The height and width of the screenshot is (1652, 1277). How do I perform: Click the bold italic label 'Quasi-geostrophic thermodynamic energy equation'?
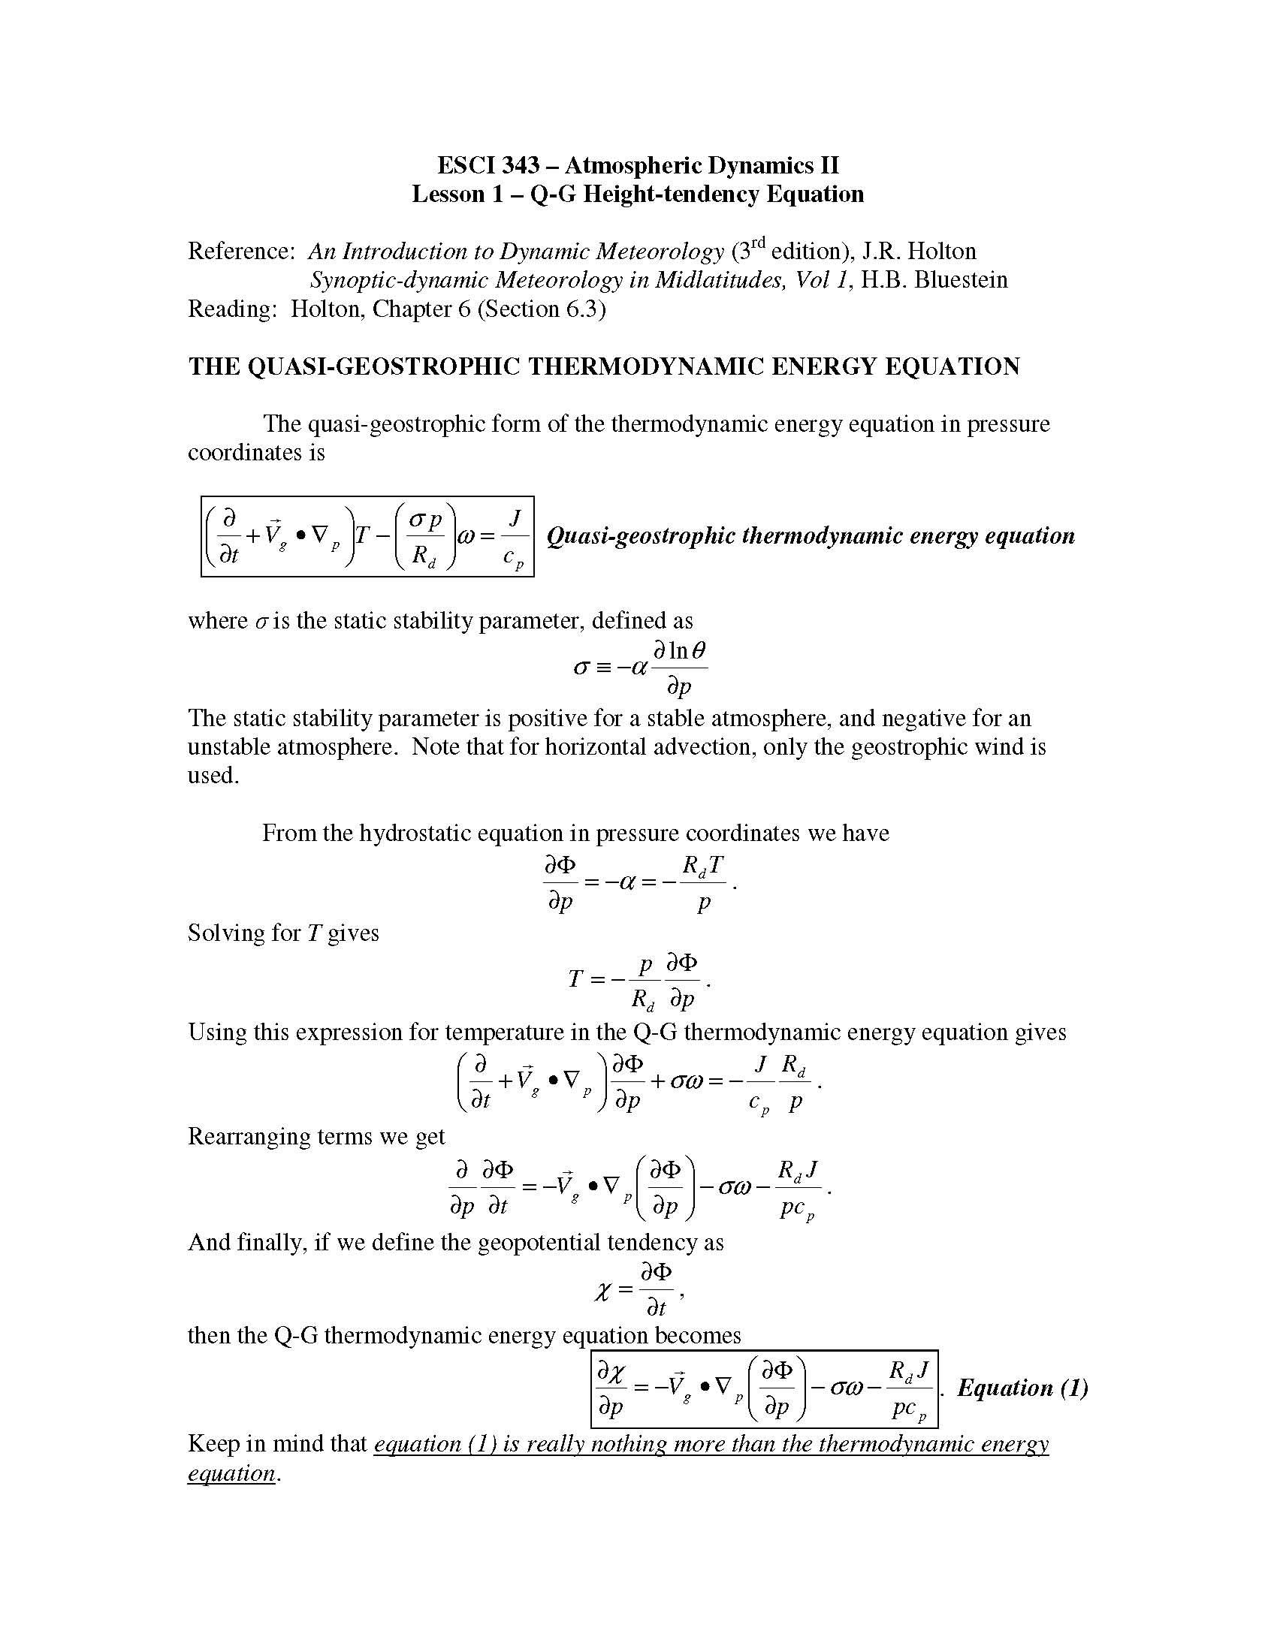pyautogui.click(x=811, y=536)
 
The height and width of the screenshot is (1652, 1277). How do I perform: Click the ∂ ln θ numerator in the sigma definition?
pyautogui.click(x=679, y=650)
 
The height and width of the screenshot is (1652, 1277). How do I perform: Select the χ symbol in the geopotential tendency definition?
pyautogui.click(x=602, y=1290)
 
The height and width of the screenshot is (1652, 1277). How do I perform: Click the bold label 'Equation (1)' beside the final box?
pyautogui.click(x=1022, y=1388)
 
